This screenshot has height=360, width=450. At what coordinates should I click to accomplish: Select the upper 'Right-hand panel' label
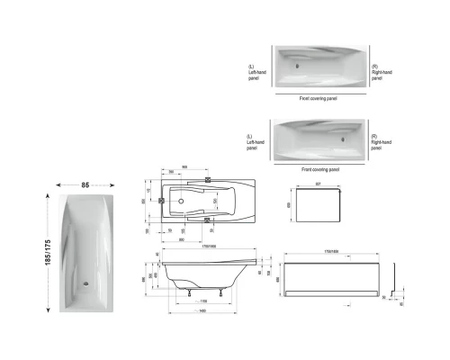382,71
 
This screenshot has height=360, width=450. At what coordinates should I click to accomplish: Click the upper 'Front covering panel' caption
319,96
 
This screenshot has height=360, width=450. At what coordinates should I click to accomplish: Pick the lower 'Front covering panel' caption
319,169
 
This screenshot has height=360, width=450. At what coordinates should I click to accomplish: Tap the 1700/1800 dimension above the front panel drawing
327,253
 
